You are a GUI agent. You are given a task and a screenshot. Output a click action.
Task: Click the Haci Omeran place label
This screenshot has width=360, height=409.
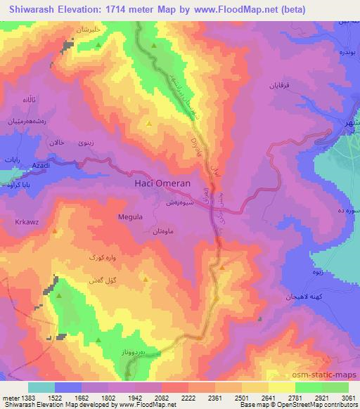[x=162, y=183]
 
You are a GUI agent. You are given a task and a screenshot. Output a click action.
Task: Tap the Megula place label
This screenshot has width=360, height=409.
[x=131, y=217]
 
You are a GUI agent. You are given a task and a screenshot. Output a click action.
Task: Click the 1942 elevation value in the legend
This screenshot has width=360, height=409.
[x=120, y=397]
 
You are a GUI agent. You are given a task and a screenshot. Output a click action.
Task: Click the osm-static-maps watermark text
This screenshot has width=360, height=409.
[x=330, y=376]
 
